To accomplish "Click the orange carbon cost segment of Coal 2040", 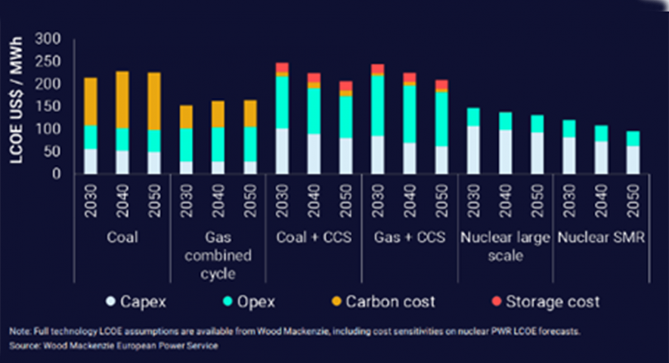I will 122,100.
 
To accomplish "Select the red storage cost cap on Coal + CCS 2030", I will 282,67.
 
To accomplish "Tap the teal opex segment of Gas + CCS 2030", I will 378,106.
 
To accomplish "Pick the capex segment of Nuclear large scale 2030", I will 474,150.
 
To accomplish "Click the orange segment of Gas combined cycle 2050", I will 251,113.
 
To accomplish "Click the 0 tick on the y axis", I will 56,173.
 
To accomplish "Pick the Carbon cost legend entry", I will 382,302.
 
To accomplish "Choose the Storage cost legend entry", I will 545,302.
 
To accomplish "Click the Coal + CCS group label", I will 314,238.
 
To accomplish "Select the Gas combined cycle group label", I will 218,256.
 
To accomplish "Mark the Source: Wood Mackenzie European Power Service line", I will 114,345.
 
